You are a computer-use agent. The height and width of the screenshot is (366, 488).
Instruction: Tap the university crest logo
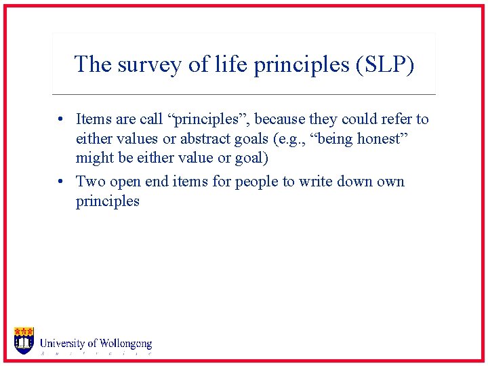point(24,340)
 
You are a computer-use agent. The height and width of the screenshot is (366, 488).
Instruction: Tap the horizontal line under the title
point(244,94)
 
